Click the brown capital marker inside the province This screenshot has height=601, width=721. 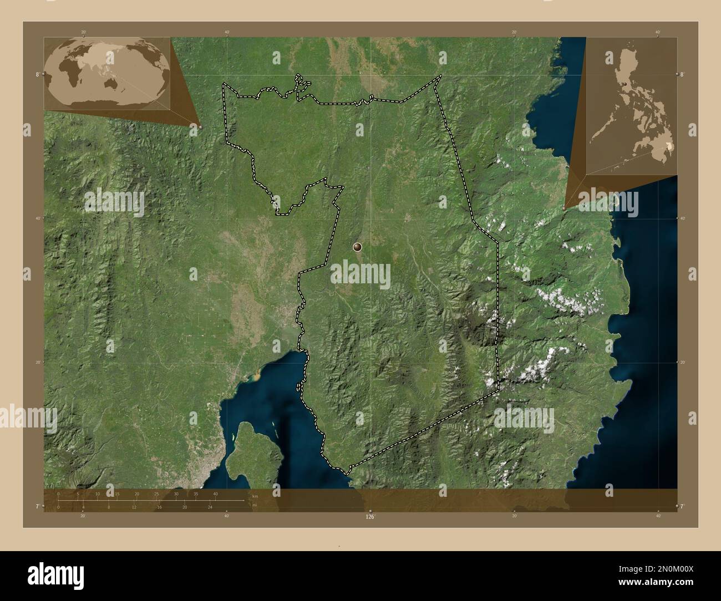coord(357,247)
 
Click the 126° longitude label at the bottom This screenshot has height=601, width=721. coord(370,516)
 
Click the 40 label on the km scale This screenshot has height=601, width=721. coord(215,493)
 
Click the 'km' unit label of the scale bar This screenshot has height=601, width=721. coord(255,496)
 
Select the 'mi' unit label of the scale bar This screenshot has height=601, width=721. coord(254,505)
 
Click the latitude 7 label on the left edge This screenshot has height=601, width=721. coord(37,506)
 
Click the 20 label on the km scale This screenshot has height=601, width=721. coord(136,493)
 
